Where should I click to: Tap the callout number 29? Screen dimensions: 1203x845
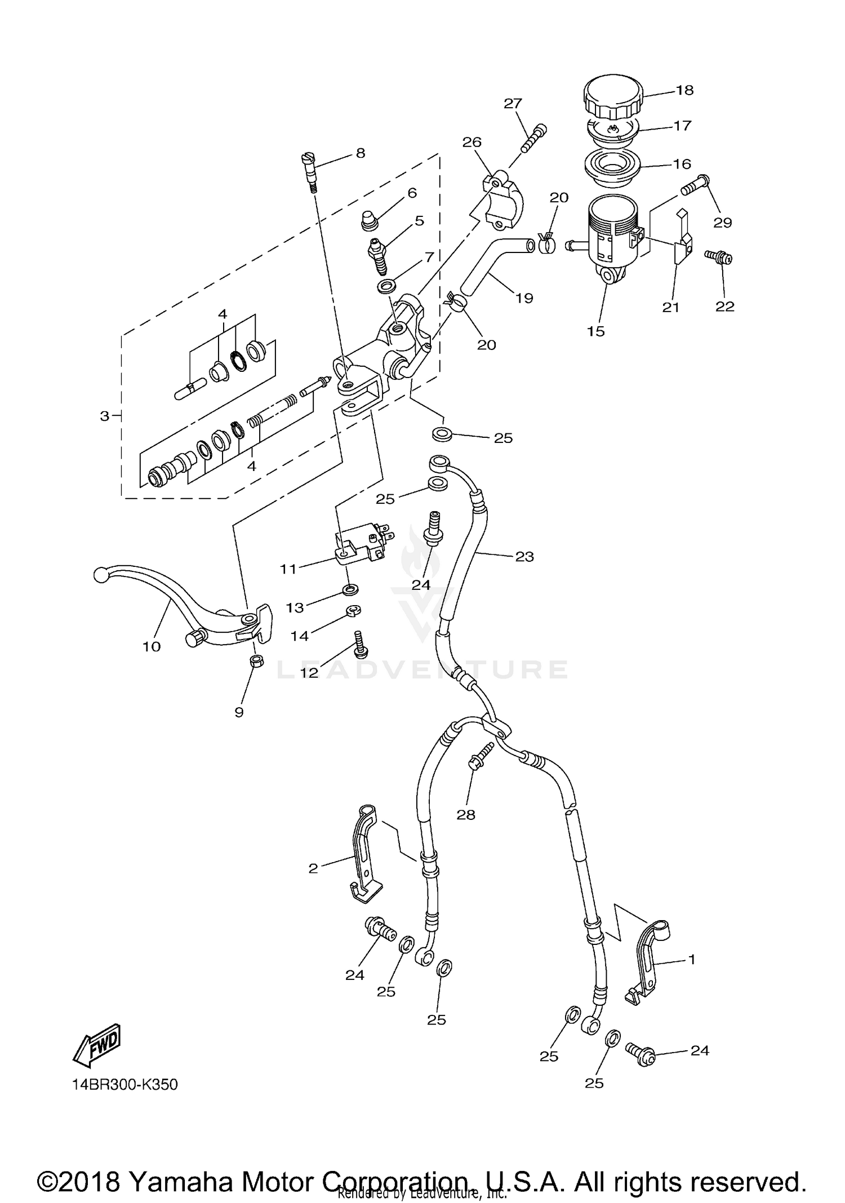(x=722, y=223)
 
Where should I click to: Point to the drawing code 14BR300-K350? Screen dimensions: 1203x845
(x=124, y=1085)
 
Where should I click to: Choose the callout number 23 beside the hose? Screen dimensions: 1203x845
(x=524, y=557)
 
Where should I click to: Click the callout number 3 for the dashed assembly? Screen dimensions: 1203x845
(x=104, y=416)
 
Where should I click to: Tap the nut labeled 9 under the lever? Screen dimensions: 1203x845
(x=256, y=661)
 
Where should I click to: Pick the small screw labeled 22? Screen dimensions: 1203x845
(x=719, y=257)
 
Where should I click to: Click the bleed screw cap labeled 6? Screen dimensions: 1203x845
(x=369, y=220)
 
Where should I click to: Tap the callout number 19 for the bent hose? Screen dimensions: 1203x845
(x=524, y=298)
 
